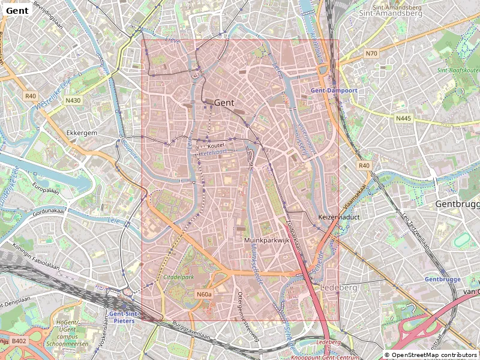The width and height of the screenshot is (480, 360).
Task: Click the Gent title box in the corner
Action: point(17,10)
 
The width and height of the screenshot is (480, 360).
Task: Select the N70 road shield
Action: point(371,54)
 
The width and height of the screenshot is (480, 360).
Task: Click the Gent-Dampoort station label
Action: point(334,90)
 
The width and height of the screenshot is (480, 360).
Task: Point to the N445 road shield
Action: point(403,118)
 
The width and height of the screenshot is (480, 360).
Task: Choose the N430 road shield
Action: point(73,100)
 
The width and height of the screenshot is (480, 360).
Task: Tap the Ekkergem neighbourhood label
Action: point(82,133)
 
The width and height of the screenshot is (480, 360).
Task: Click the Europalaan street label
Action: point(47,187)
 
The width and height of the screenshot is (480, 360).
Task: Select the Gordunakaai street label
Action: point(49,211)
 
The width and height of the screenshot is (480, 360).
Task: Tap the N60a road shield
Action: point(204,295)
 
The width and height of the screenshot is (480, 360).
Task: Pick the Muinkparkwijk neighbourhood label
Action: point(267,240)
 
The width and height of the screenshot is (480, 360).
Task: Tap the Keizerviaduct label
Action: point(338,217)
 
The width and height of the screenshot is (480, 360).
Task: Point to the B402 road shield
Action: point(19,341)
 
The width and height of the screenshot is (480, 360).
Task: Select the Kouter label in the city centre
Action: point(215,145)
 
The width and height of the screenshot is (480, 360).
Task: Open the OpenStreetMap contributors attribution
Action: point(430,355)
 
